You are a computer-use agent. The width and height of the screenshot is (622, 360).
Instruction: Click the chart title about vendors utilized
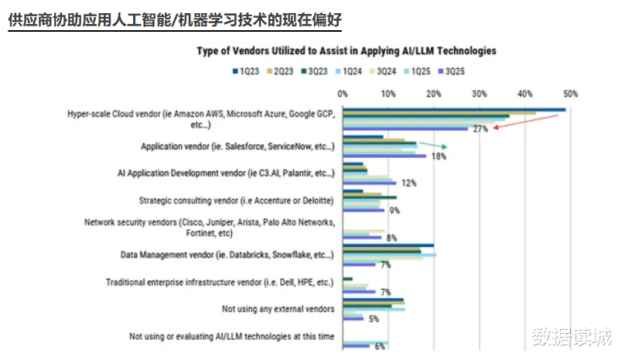click(x=347, y=51)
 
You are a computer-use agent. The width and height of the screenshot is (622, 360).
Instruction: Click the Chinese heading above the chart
click(x=175, y=19)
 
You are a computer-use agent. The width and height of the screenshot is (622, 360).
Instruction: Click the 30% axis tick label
click(x=480, y=94)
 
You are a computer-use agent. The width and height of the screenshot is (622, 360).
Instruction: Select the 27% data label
click(x=480, y=129)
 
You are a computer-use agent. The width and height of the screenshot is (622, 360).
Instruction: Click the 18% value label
click(x=439, y=156)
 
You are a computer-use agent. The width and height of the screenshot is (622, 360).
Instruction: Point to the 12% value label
click(x=409, y=183)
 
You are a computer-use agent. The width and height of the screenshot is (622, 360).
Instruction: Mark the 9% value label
click(x=394, y=211)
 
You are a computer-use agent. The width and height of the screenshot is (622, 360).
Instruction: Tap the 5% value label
click(x=374, y=318)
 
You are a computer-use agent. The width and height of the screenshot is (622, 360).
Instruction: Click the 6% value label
click(x=380, y=346)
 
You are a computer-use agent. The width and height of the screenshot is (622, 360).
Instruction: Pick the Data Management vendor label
click(x=227, y=254)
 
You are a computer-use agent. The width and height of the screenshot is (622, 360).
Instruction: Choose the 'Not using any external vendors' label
click(x=278, y=309)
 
